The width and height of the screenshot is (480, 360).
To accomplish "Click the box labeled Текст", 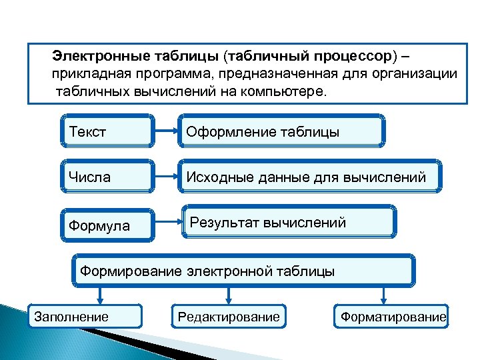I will (107, 131).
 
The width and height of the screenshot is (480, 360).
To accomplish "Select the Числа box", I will (107, 177).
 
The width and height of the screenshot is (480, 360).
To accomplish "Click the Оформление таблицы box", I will (280, 131).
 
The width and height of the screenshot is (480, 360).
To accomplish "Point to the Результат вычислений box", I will (289, 222).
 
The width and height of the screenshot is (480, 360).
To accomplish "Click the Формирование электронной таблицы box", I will (243, 271).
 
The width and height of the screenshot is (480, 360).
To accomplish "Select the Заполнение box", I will (84, 316).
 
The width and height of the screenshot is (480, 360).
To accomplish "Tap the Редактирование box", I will (229, 316).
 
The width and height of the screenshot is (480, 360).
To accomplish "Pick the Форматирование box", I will (392, 316).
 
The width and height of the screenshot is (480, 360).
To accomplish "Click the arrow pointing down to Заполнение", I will (100, 295).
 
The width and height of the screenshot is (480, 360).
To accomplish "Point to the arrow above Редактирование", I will (229, 295).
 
